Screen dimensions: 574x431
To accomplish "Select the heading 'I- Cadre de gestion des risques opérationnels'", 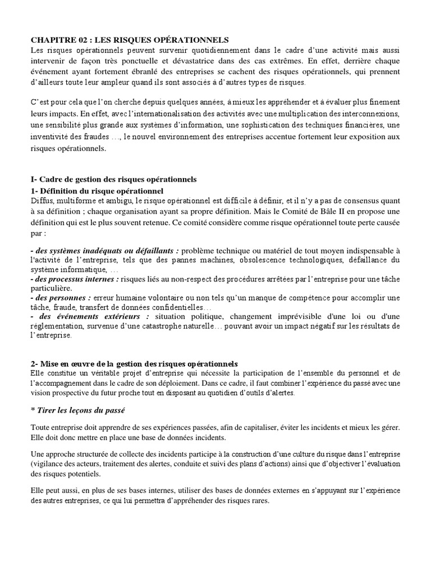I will click(x=113, y=179).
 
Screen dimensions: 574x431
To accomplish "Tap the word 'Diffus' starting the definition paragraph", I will click(x=41, y=201).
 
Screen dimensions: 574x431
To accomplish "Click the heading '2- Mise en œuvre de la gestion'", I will click(x=134, y=364).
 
